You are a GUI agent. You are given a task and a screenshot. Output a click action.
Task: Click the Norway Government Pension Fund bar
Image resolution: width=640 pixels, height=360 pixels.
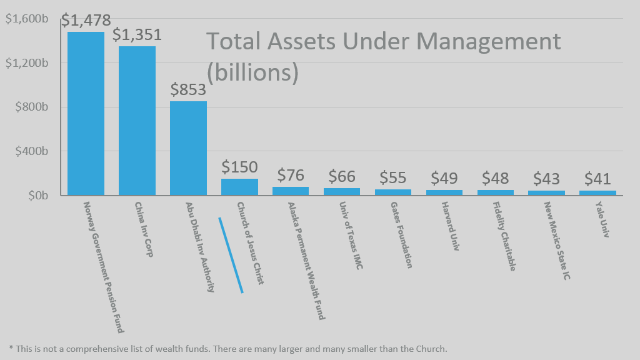click(x=86, y=114)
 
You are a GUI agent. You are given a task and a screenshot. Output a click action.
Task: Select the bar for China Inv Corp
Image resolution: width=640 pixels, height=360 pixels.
click(x=137, y=121)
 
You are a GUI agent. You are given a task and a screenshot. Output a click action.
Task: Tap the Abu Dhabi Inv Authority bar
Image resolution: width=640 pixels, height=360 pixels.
click(x=188, y=148)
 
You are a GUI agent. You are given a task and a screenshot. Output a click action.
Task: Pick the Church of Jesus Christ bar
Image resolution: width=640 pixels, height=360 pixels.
click(x=239, y=187)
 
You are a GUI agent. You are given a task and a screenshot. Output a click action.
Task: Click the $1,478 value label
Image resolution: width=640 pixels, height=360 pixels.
click(x=86, y=20)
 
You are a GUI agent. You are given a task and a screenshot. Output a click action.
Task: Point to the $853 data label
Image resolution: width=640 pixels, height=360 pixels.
click(x=188, y=90)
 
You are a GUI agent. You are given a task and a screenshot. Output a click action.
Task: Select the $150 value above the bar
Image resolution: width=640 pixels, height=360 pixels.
click(x=239, y=167)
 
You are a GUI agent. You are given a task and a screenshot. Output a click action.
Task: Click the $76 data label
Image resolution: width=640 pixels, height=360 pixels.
click(x=291, y=176)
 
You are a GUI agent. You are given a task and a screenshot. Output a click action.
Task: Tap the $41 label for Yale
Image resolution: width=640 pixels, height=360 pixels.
click(x=597, y=179)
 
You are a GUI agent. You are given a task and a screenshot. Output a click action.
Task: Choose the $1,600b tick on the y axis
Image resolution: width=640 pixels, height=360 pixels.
click(x=27, y=19)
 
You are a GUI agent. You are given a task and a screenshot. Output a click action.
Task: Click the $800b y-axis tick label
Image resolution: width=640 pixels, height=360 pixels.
click(x=31, y=107)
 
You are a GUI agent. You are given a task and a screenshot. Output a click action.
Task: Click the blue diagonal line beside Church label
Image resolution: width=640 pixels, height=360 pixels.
click(x=231, y=255)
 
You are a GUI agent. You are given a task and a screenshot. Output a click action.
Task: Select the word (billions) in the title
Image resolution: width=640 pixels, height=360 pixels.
click(x=252, y=72)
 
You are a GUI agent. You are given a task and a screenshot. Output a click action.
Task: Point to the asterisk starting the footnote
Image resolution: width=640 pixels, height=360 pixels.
click(x=11, y=349)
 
